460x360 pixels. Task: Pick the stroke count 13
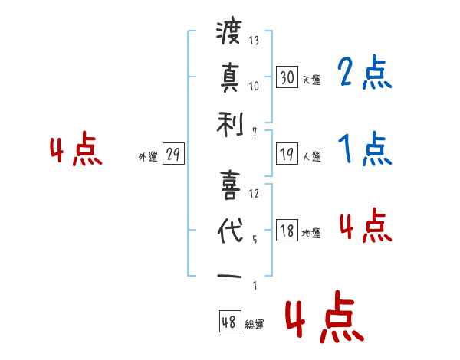click(x=255, y=41)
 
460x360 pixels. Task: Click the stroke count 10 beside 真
click(x=255, y=86)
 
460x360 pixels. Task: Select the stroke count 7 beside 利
click(x=255, y=131)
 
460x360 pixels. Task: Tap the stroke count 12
click(x=255, y=193)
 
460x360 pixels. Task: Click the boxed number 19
click(x=287, y=154)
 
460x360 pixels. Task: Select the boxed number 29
click(x=173, y=154)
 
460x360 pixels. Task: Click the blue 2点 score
click(x=364, y=74)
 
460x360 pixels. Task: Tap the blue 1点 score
click(x=364, y=149)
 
